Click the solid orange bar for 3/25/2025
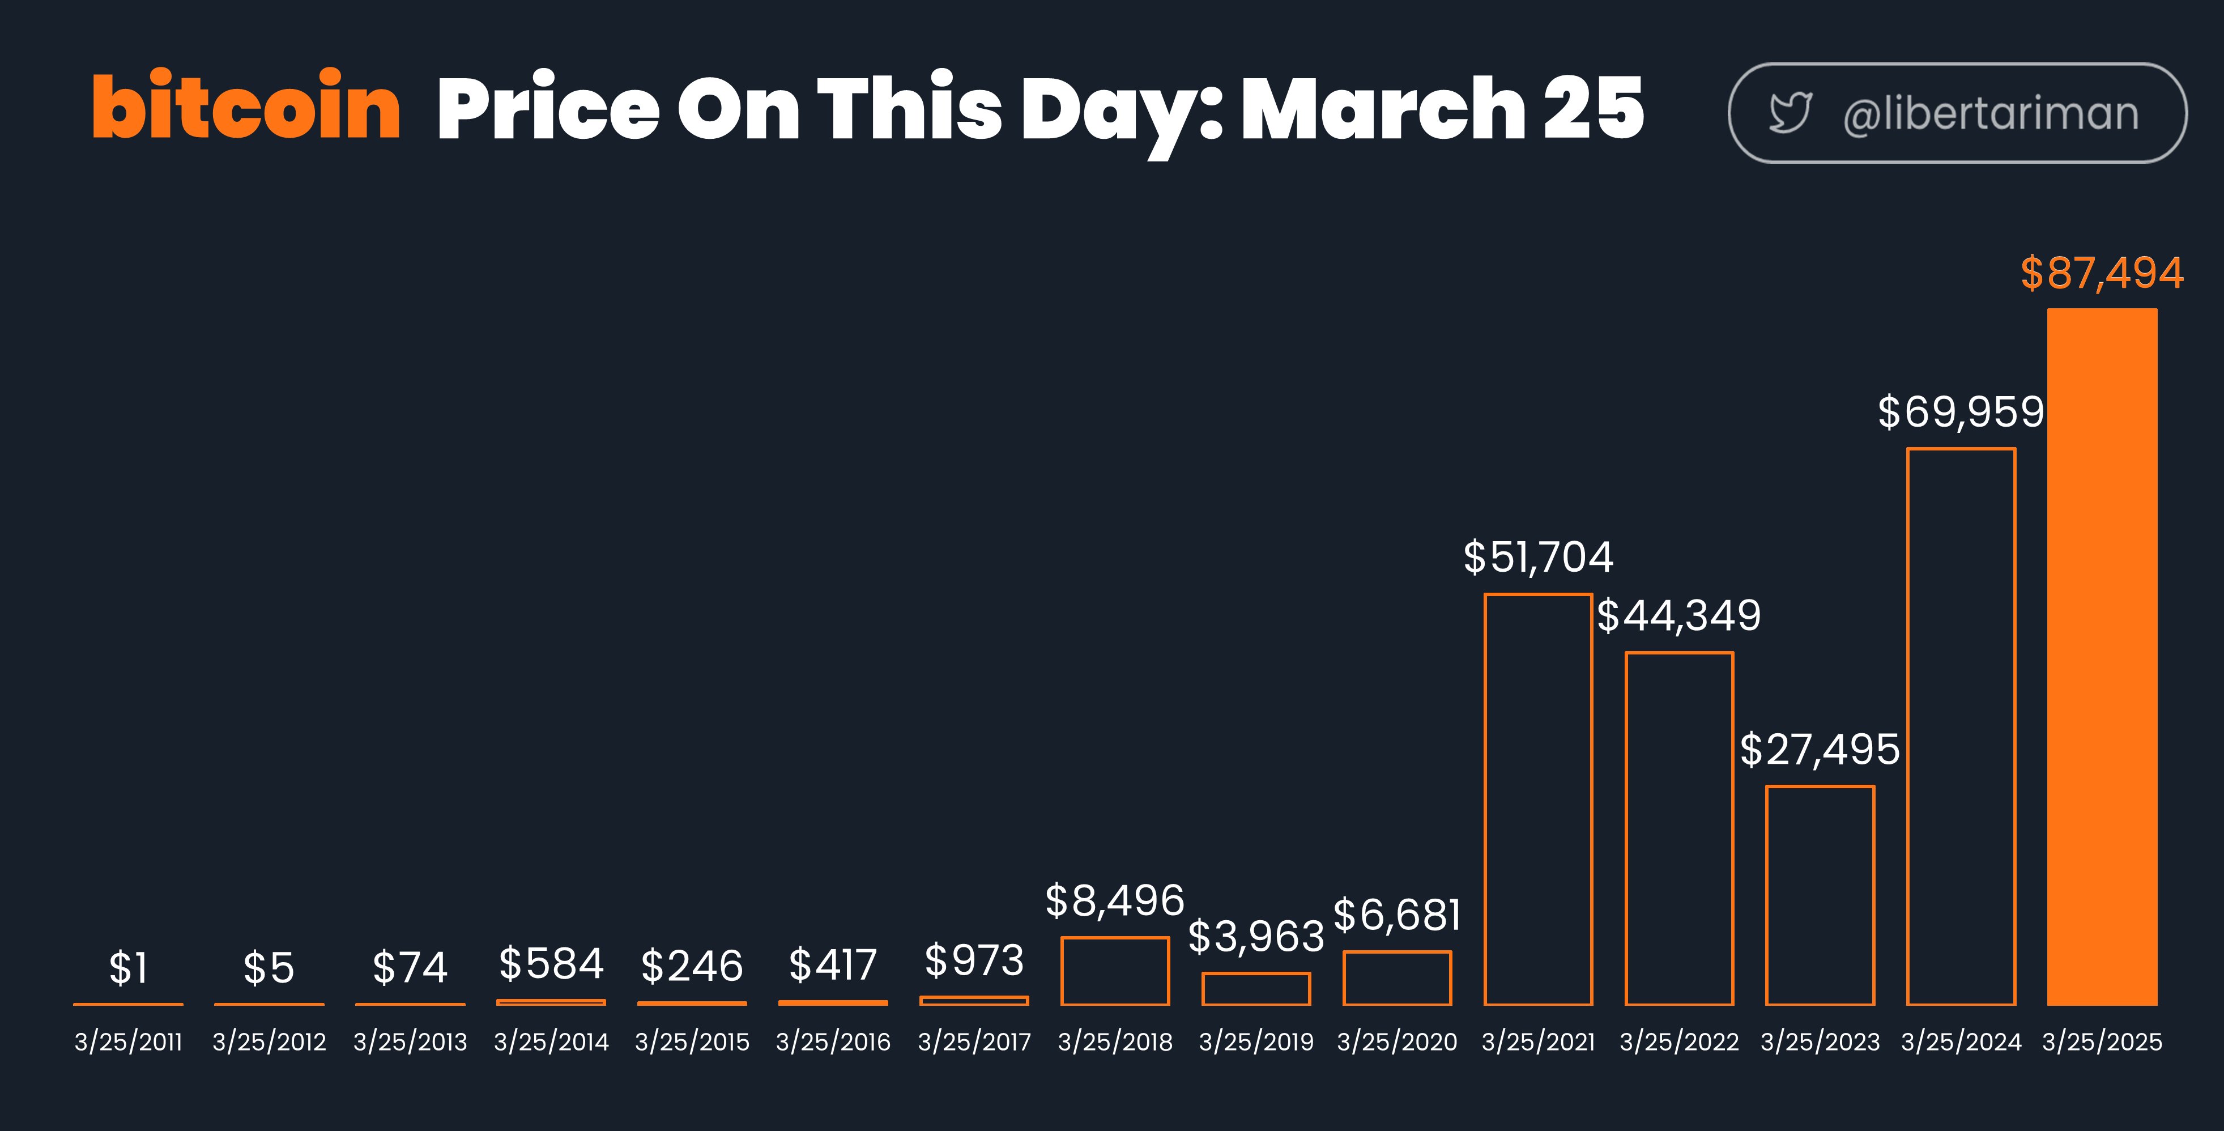coord(2102,656)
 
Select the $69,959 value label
coord(1961,412)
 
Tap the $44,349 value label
coord(1678,615)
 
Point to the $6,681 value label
coord(1397,915)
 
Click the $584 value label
coord(551,963)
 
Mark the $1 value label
coord(128,968)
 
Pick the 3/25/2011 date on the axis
coord(128,1042)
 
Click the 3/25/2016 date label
coord(832,1042)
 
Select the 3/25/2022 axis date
coord(1678,1042)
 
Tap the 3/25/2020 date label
coord(1397,1042)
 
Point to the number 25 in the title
coord(1593,107)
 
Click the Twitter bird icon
coord(1790,113)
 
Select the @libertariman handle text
coord(1990,114)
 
